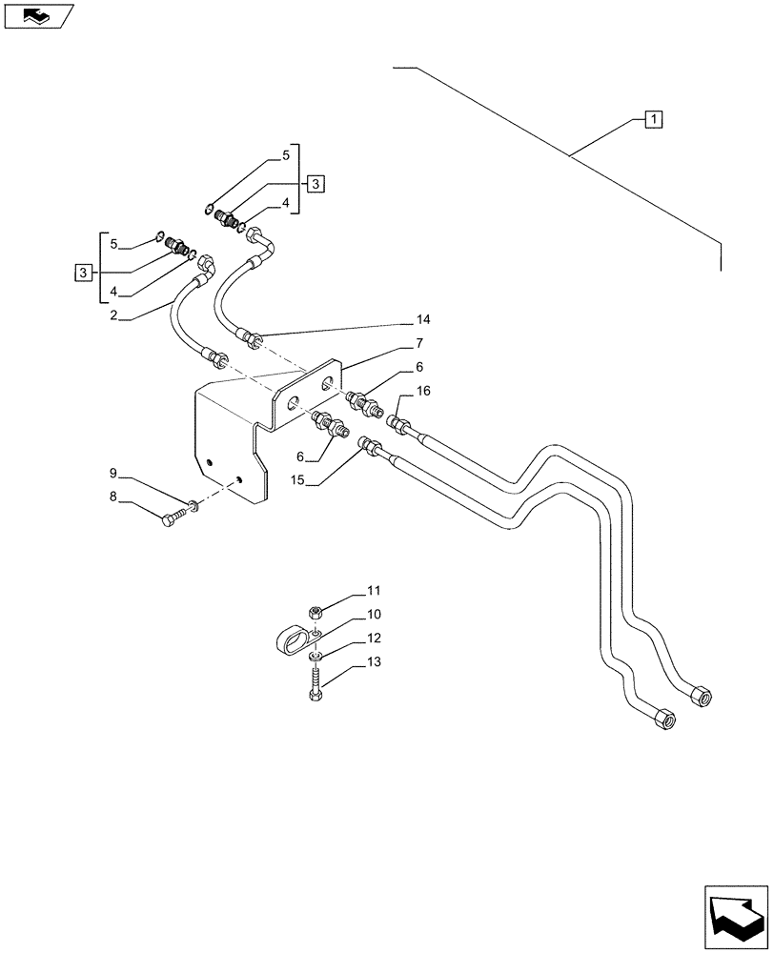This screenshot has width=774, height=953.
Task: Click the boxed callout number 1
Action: (653, 119)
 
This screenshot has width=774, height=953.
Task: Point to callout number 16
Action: (424, 390)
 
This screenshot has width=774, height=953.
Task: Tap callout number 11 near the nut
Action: (373, 592)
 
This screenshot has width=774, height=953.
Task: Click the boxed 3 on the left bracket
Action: (84, 274)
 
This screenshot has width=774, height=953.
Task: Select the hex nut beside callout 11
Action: (315, 612)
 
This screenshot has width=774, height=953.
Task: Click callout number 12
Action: (373, 638)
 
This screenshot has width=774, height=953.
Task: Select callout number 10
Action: (373, 615)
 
